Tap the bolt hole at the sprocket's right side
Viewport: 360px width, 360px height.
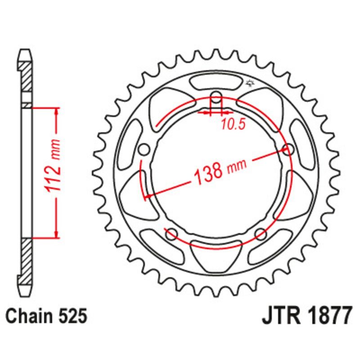click(x=288, y=148)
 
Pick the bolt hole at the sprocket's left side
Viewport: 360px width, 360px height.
click(x=144, y=149)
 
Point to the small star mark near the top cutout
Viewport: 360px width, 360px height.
click(x=250, y=83)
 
